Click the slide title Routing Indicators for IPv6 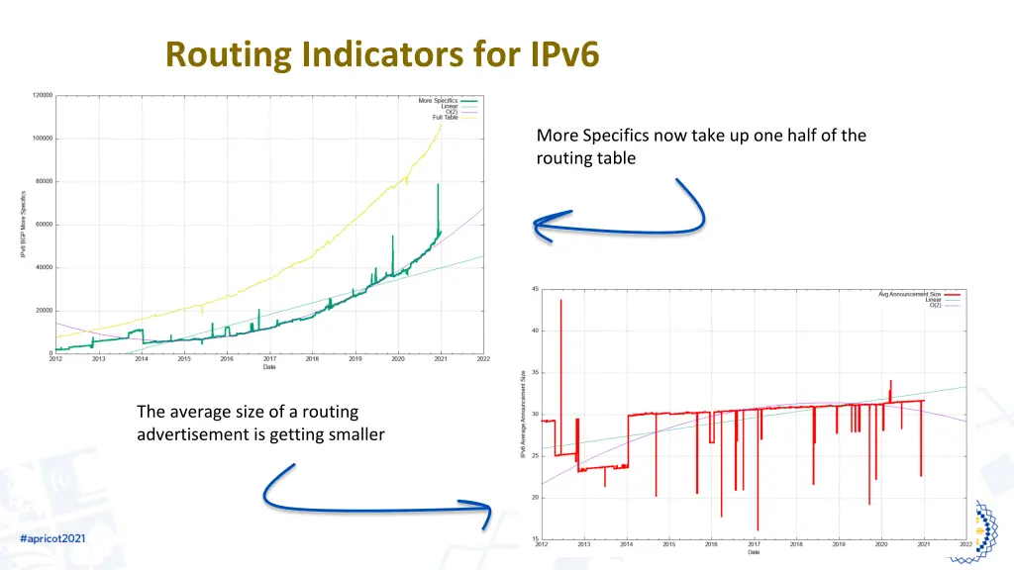tap(382, 53)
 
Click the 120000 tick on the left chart tap(42, 96)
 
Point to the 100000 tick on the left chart tap(42, 139)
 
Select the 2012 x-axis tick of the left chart tap(56, 359)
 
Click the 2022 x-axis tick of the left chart tap(483, 359)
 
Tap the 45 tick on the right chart tap(535, 289)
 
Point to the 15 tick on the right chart tap(535, 539)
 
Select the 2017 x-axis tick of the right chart tap(754, 545)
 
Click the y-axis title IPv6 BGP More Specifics tap(24, 225)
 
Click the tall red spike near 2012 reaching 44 tap(560, 301)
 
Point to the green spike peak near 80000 tap(438, 185)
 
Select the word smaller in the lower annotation tap(354, 433)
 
